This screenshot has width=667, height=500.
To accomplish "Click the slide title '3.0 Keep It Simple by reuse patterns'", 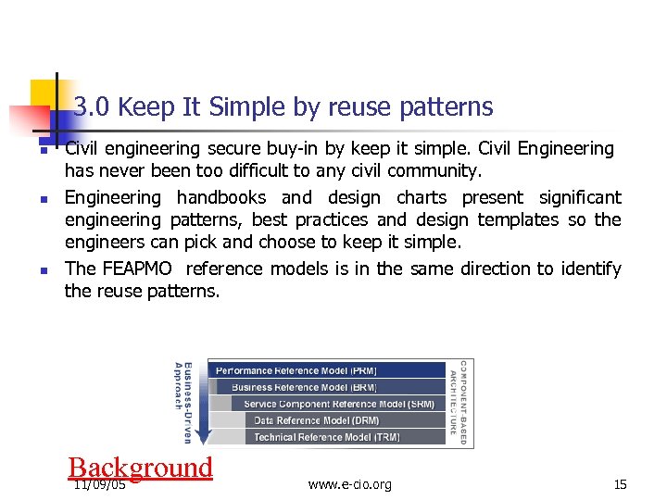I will pyautogui.click(x=283, y=107).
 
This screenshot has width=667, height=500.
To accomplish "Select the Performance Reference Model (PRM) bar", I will pyautogui.click(x=326, y=370).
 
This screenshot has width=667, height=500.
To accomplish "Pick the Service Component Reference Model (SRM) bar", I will pyautogui.click(x=338, y=404).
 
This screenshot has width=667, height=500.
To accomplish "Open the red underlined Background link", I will pyautogui.click(x=141, y=468).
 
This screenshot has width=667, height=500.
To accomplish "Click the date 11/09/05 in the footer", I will pyautogui.click(x=100, y=484).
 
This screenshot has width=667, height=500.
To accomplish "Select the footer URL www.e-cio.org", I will pyautogui.click(x=349, y=484).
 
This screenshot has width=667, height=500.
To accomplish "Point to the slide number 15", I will pyautogui.click(x=620, y=484).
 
